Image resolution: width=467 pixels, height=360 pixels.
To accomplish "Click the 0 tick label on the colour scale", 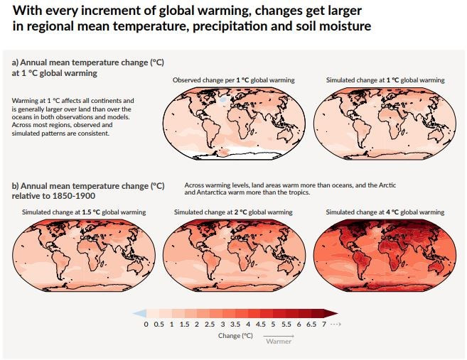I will point(146,324).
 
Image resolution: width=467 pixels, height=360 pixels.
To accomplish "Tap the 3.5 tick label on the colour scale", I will point(235,324).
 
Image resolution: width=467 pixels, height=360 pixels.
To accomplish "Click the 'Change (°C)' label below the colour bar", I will point(235,336).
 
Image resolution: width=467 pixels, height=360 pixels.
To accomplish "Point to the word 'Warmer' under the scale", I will point(278,342).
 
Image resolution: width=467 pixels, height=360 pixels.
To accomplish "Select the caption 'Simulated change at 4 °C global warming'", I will point(385,212).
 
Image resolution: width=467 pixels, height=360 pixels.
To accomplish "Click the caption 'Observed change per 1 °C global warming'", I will point(233,80).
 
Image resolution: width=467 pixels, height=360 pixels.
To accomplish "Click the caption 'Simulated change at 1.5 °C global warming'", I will point(84,212).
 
